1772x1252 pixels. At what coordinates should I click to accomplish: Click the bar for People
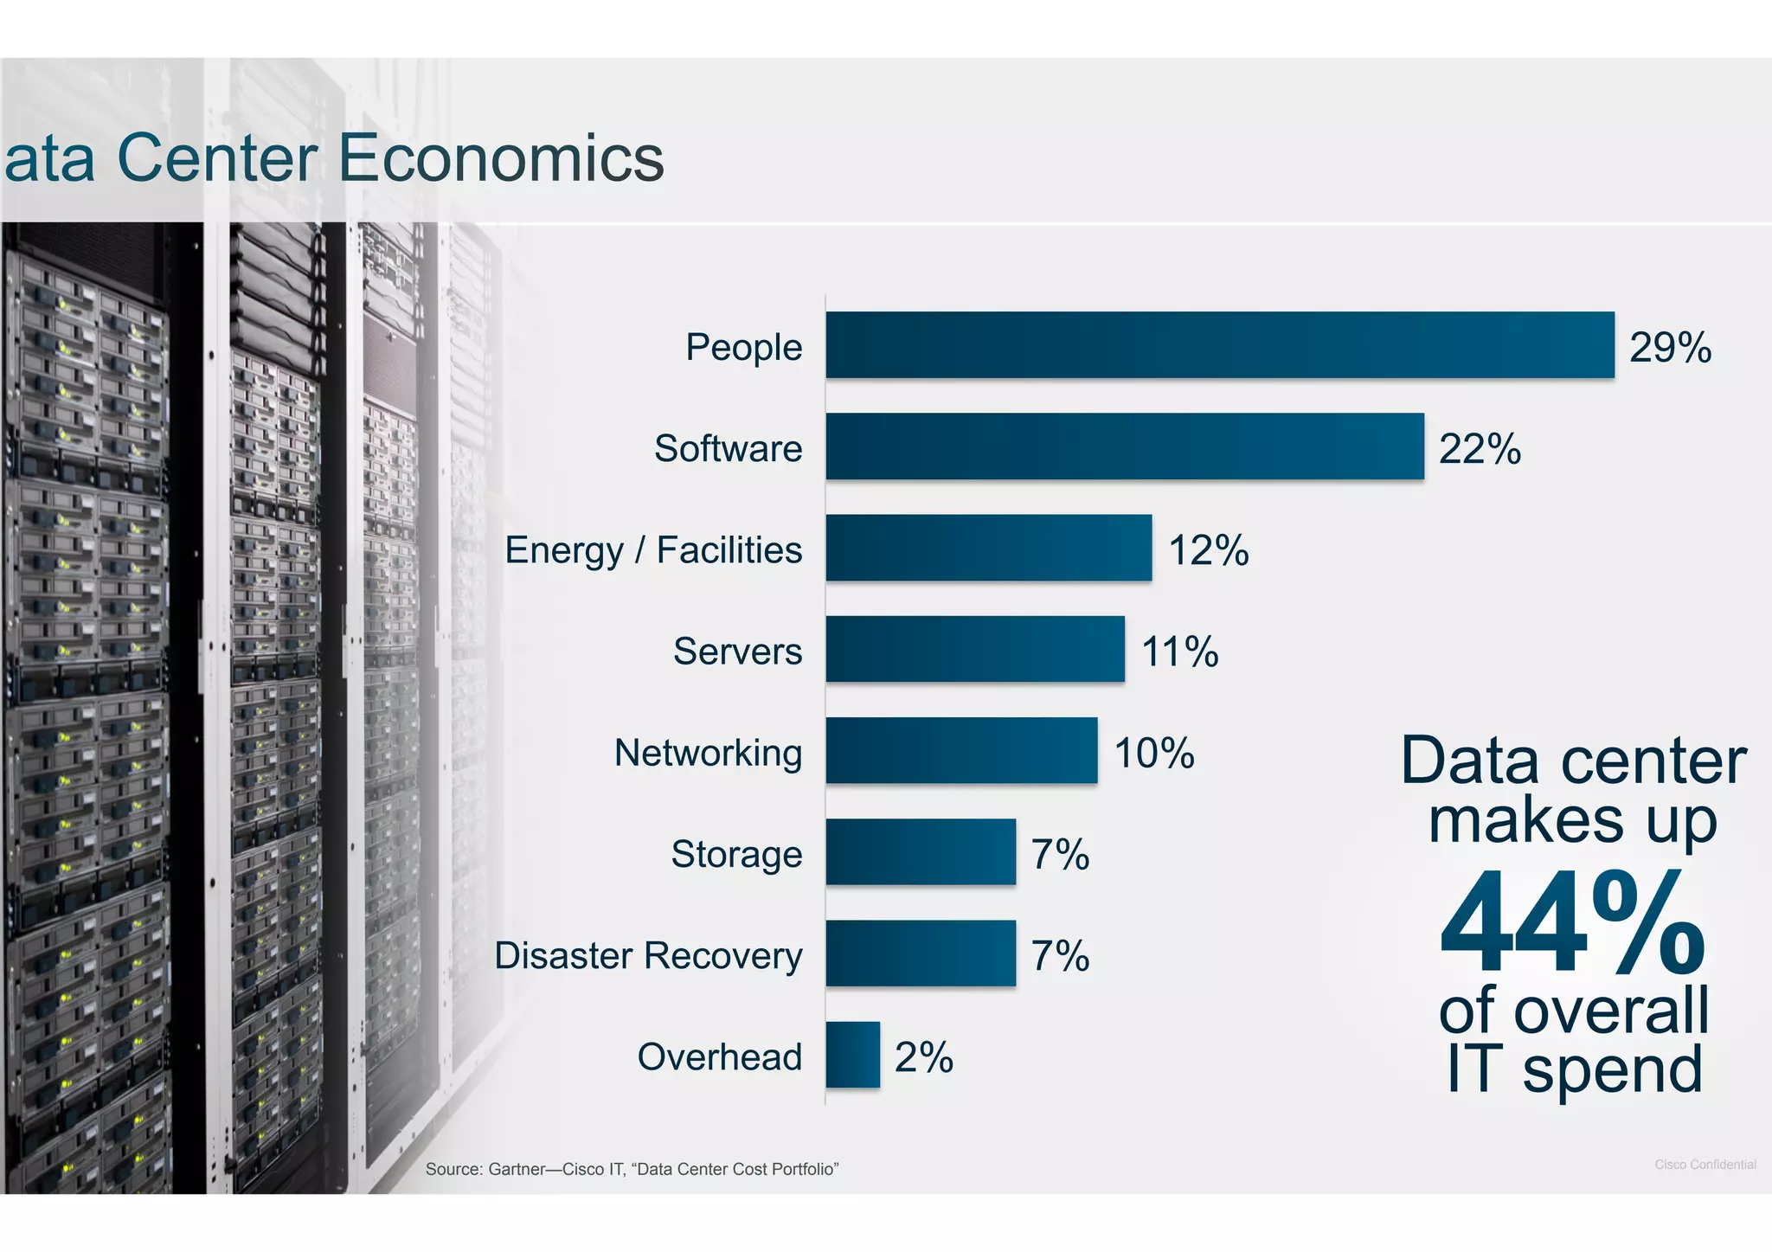click(1220, 345)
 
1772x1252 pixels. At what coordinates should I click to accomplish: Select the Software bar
click(1125, 446)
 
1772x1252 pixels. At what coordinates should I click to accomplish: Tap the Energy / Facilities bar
click(989, 548)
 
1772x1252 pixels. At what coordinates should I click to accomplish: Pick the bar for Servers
click(975, 649)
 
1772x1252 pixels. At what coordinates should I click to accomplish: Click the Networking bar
click(961, 750)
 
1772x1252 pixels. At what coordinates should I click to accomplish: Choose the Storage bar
click(921, 852)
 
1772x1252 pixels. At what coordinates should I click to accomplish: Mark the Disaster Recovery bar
click(921, 953)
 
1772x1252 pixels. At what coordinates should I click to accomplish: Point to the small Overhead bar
click(852, 1055)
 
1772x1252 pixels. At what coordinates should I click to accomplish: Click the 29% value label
click(1670, 348)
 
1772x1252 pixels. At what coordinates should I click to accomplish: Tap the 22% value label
click(1480, 449)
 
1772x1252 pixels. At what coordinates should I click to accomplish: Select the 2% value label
click(923, 1057)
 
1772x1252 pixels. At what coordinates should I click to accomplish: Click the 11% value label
click(1179, 652)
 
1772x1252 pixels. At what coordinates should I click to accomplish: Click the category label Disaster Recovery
click(648, 956)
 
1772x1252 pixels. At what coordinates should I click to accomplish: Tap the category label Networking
click(708, 753)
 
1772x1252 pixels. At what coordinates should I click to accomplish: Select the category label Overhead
click(720, 1057)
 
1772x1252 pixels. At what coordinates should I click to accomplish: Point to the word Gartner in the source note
click(517, 1170)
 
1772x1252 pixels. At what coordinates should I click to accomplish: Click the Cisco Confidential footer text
click(1705, 1165)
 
